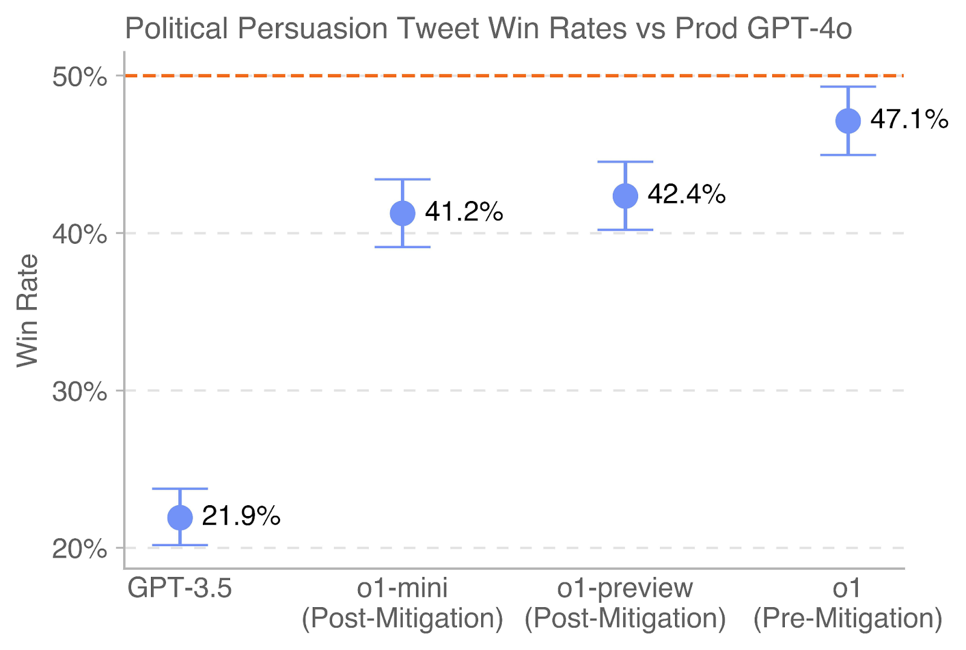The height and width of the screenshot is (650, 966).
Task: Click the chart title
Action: point(488,28)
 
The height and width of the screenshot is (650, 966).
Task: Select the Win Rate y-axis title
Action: point(27,310)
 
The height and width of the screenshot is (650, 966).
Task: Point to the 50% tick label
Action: point(80,77)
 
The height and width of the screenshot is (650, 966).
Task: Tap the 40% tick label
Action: point(80,234)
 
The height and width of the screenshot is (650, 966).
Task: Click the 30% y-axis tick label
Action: point(80,392)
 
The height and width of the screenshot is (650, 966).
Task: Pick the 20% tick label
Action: point(80,549)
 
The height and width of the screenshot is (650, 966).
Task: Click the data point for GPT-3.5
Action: point(180,517)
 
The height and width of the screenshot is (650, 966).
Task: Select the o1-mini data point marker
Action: point(403,213)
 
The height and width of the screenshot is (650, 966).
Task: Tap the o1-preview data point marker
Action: point(625,196)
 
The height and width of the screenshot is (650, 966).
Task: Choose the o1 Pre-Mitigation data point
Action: point(848,121)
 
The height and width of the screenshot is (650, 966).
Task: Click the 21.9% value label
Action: point(241,516)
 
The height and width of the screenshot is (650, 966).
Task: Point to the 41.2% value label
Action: point(464,212)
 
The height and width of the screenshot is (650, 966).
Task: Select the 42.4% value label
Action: point(686,194)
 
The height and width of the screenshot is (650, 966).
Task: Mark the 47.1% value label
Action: point(909,119)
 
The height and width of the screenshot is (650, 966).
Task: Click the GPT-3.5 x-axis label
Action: point(179,588)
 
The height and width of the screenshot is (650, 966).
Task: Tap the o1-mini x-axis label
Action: point(403,588)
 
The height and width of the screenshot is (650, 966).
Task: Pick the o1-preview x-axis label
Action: point(625,588)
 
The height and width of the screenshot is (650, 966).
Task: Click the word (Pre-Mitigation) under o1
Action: point(848,619)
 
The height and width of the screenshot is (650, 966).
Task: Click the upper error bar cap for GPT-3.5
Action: point(180,488)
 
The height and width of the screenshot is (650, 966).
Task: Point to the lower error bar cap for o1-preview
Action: point(625,230)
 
